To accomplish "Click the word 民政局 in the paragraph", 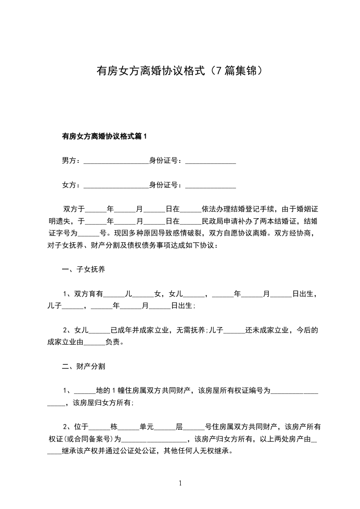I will [x=213, y=221].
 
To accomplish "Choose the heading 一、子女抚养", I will [x=84, y=270].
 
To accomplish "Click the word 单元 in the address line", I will [x=147, y=426].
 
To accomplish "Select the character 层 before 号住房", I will [x=179, y=426].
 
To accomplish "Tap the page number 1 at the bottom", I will [x=180, y=484].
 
